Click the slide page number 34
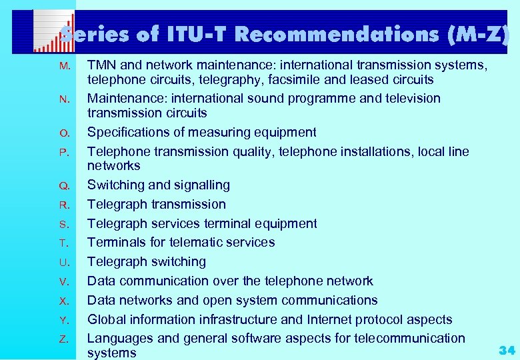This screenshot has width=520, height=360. [x=506, y=349]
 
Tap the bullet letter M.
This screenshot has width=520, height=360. [x=64, y=66]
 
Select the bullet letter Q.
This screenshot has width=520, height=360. [x=64, y=186]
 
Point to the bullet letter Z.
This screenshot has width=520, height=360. [x=63, y=339]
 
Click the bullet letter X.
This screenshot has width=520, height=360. [x=63, y=301]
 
